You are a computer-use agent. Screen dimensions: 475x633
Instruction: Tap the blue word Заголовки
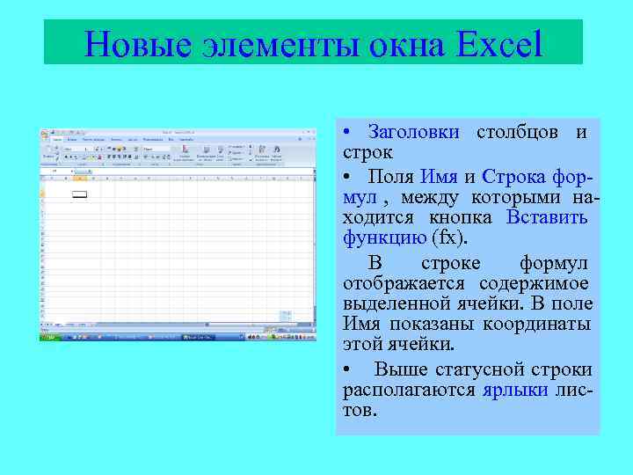(x=413, y=133)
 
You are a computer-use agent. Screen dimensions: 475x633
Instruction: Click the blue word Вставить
(x=547, y=217)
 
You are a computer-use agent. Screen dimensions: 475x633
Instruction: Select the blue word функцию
(x=384, y=238)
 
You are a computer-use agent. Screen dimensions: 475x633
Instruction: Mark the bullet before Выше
(x=349, y=369)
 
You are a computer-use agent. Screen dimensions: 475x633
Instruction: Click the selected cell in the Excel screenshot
(x=80, y=194)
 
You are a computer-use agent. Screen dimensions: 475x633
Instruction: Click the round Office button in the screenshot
(x=44, y=134)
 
